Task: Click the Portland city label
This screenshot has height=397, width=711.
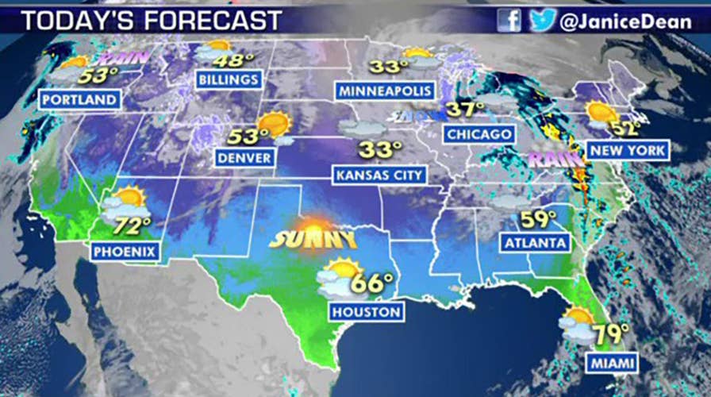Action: (80, 100)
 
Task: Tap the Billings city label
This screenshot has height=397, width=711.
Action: (229, 79)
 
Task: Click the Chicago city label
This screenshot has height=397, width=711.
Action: (478, 134)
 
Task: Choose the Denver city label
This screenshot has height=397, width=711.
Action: (245, 158)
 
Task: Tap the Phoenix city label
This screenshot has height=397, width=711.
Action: (125, 252)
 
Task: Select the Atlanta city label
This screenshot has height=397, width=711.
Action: (535, 242)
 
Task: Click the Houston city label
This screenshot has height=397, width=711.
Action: (367, 312)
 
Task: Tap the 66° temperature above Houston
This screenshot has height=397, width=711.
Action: (374, 283)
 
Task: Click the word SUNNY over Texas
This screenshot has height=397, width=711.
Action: (313, 238)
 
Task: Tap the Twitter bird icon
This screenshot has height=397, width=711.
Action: (542, 20)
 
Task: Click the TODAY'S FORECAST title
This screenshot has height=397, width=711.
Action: (151, 21)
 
